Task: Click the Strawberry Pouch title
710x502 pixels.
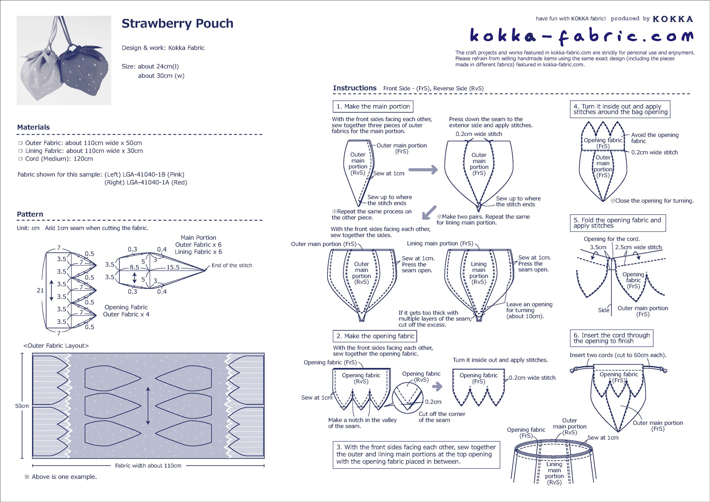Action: tap(177, 24)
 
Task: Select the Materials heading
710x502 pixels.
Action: tap(33, 127)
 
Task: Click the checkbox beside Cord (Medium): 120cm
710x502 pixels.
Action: tap(20, 159)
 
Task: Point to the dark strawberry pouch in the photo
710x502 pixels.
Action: tap(86, 69)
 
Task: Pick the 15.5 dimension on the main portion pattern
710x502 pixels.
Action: tap(173, 267)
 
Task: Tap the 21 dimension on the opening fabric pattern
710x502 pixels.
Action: tap(40, 290)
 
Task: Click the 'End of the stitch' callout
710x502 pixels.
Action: tap(232, 265)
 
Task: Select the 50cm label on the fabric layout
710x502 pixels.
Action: tap(22, 406)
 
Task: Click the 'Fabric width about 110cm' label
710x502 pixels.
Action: tap(148, 466)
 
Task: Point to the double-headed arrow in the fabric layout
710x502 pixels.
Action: tap(148, 406)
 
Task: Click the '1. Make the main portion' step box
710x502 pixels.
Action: tap(373, 106)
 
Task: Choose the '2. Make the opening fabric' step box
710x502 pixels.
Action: tap(375, 336)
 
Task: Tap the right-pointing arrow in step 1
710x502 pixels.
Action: tap(423, 170)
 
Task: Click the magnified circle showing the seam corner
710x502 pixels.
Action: tap(408, 398)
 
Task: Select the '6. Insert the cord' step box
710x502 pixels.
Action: tap(611, 338)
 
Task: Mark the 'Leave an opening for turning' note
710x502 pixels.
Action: tap(529, 310)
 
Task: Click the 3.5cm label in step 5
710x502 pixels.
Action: tap(598, 247)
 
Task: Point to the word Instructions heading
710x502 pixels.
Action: tap(355, 88)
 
